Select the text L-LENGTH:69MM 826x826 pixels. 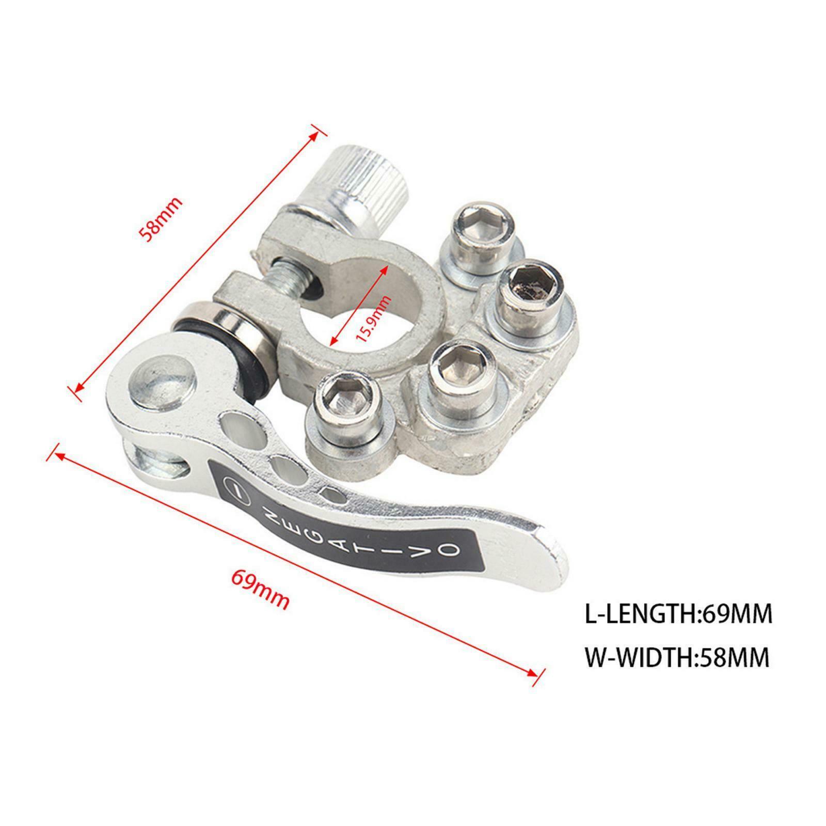click(678, 614)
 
